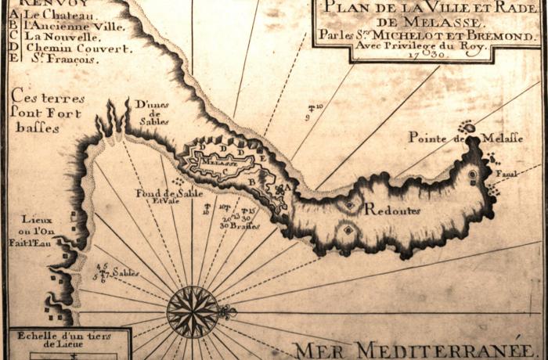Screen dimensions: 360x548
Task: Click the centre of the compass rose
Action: (x=192, y=311)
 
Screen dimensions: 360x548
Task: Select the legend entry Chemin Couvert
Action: (x=67, y=47)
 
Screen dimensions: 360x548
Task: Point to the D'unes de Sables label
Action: (x=153, y=113)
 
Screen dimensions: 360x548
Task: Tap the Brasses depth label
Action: (x=245, y=225)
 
